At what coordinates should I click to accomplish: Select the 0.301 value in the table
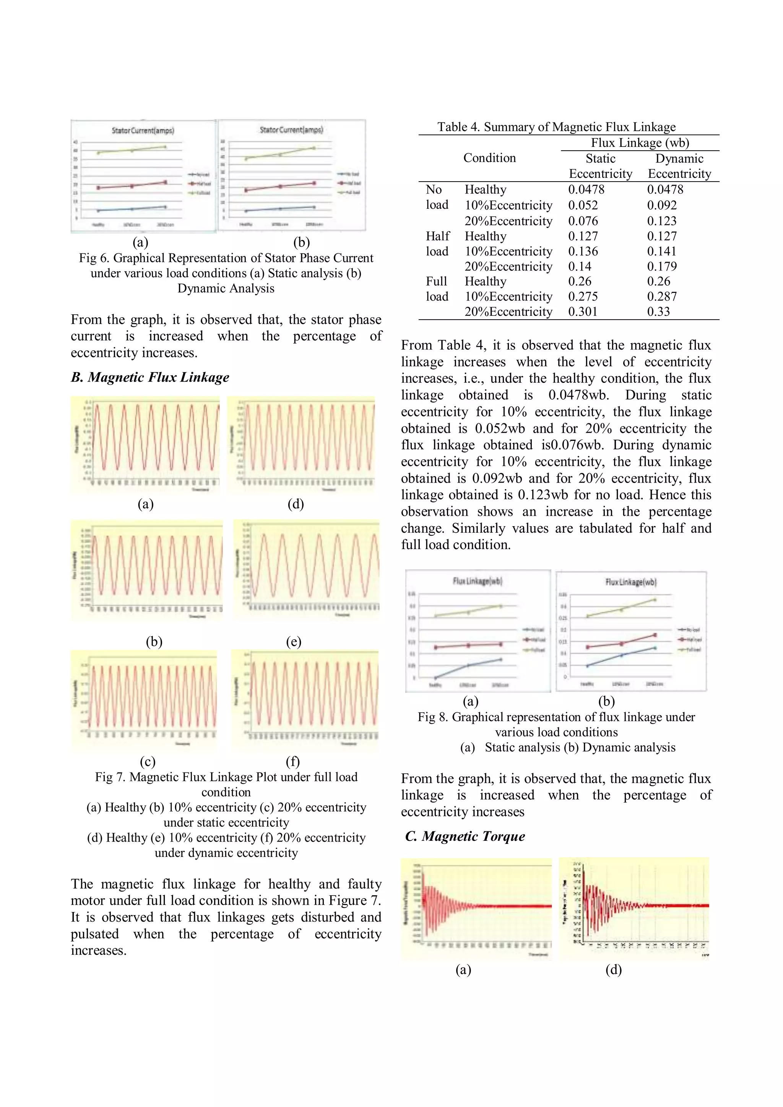tap(582, 312)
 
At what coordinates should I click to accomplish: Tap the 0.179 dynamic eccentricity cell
tap(661, 267)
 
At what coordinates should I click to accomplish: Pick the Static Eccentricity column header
tap(600, 166)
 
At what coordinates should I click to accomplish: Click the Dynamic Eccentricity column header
tap(679, 166)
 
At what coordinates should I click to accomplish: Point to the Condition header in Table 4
tap(489, 158)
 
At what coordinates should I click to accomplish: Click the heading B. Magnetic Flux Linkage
tap(150, 377)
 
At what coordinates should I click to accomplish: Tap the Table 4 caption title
tap(556, 127)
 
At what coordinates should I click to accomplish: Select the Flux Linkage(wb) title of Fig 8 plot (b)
tap(630, 582)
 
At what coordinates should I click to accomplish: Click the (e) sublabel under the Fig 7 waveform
tap(293, 642)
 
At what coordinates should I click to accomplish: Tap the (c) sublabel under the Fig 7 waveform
tap(148, 762)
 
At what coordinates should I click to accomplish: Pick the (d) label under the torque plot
tap(613, 970)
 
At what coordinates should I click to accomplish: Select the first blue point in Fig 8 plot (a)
tap(435, 678)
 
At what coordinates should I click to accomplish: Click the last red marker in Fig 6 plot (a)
tap(166, 182)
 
